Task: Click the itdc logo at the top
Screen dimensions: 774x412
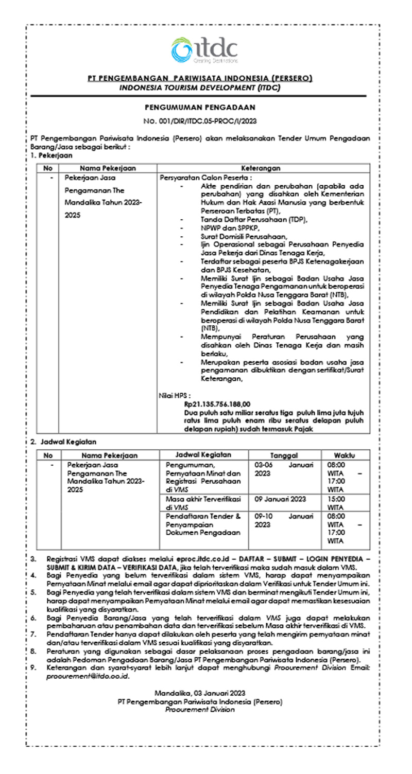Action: click(205, 50)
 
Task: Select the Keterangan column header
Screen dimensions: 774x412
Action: click(263, 168)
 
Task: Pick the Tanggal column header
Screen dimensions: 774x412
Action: click(284, 455)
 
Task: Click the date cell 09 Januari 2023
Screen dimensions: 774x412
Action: click(281, 499)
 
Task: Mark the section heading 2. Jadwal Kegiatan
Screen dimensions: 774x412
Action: click(63, 442)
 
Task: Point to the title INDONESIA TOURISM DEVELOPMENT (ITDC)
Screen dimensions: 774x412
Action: click(200, 88)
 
